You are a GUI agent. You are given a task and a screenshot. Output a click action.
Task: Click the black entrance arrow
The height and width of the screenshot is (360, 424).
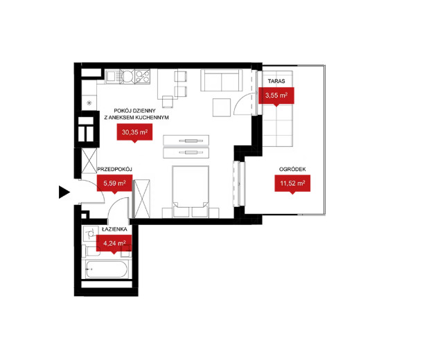(x=64, y=192)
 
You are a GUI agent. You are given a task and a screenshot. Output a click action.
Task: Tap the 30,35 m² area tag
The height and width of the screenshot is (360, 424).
(x=134, y=132)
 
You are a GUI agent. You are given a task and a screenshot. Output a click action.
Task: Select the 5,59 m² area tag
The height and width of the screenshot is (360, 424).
(x=114, y=183)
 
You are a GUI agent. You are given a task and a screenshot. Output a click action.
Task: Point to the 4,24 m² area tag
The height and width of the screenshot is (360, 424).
(x=114, y=244)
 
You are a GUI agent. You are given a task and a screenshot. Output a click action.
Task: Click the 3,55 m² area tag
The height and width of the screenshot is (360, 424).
(x=276, y=96)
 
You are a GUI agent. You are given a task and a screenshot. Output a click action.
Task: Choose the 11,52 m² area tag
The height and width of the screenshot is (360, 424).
(x=292, y=183)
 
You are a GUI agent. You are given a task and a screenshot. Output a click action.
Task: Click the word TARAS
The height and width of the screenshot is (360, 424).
(x=276, y=81)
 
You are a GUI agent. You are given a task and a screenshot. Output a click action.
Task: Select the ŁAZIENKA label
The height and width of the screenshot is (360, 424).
(x=114, y=229)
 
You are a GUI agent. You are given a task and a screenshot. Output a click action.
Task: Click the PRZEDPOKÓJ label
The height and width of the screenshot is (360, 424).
(x=114, y=170)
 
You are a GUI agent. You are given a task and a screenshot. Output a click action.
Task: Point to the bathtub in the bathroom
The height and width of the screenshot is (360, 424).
(x=106, y=269)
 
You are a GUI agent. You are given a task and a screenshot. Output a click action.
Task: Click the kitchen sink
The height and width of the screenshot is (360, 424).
(x=111, y=77)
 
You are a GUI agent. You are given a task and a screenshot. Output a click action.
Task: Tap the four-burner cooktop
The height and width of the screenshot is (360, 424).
(x=142, y=76)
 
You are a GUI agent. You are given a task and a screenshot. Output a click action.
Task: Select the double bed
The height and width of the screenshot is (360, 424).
(x=191, y=191)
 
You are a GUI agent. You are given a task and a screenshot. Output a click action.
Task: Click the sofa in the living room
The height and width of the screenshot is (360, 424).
(x=222, y=80)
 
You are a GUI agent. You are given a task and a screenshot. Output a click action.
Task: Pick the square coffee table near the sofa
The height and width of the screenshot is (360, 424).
(x=222, y=107)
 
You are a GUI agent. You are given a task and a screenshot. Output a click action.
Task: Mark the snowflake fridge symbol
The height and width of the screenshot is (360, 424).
(x=89, y=103)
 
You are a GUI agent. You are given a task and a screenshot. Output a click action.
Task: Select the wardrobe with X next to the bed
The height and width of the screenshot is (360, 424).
(x=142, y=199)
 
